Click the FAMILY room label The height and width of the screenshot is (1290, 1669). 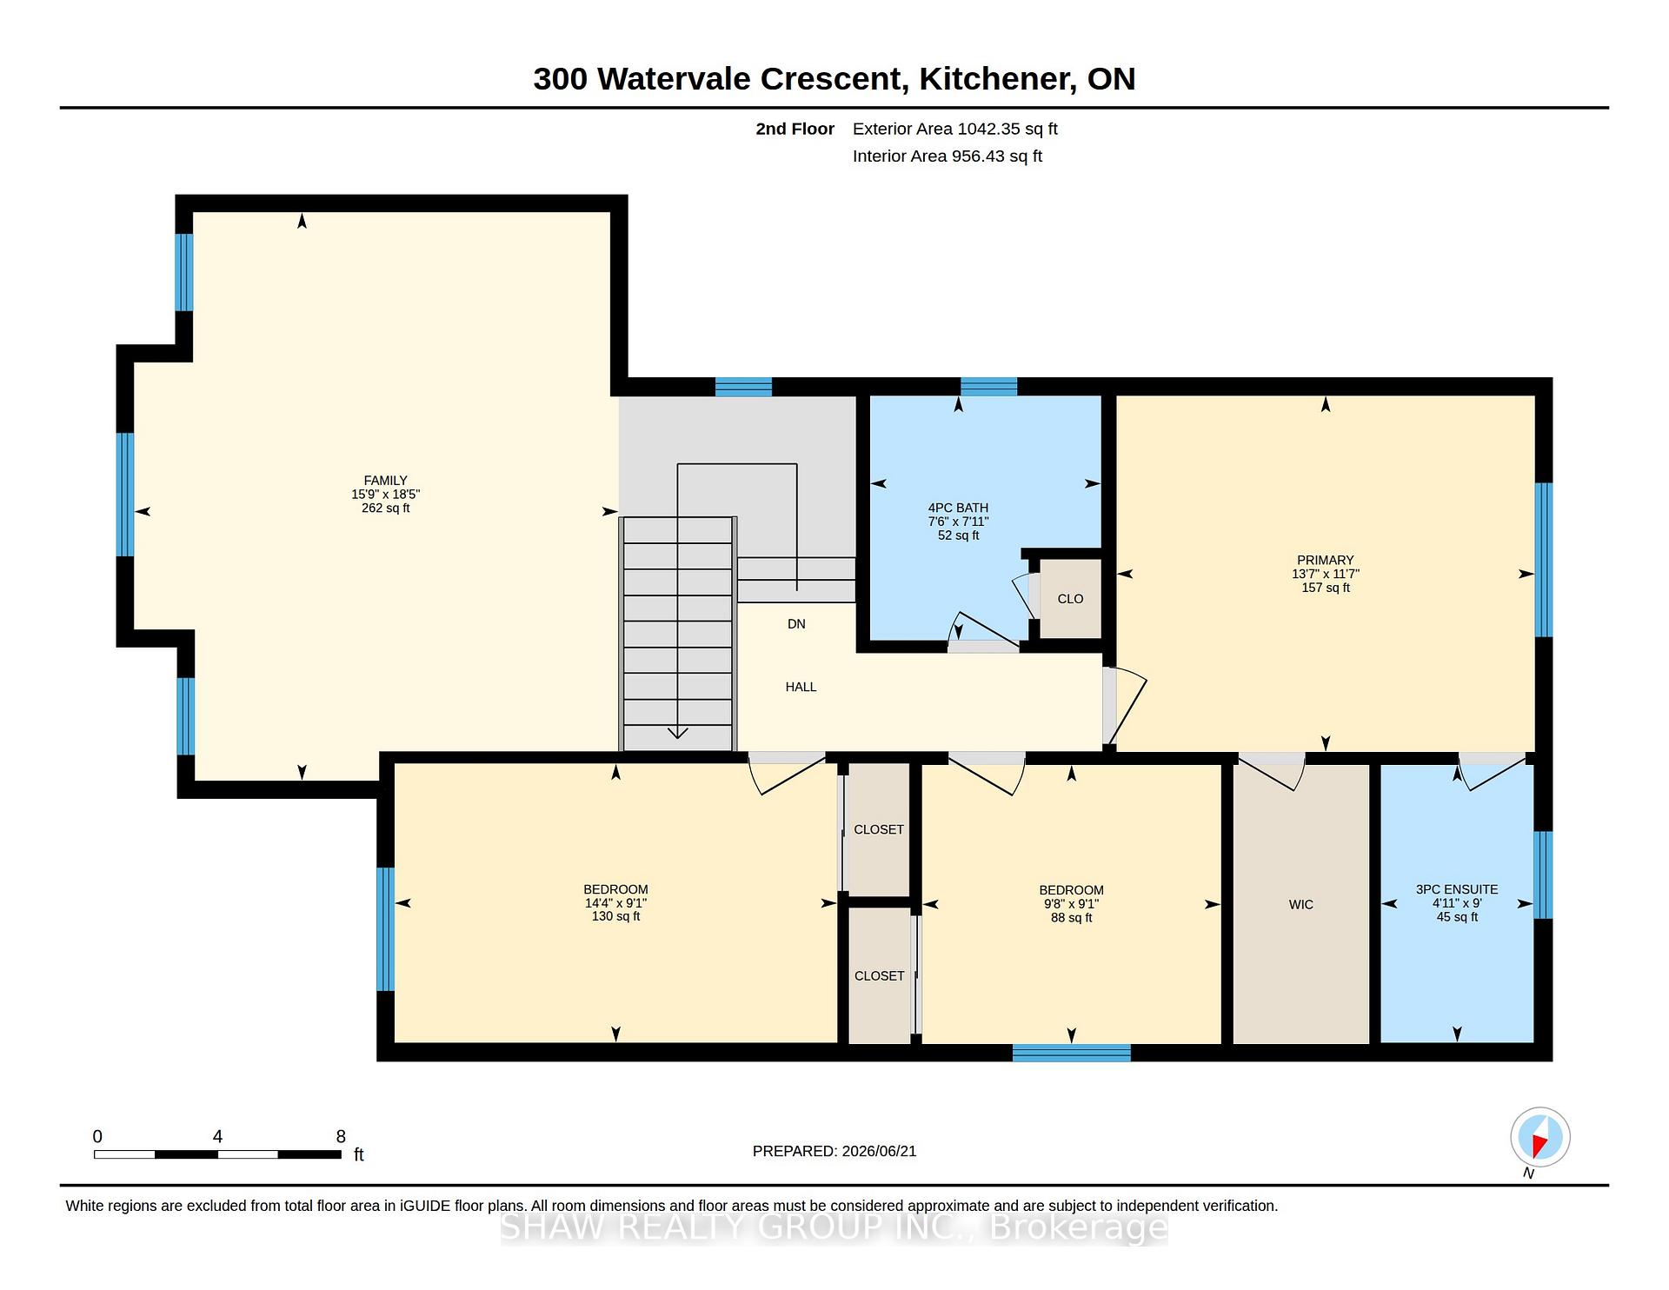[385, 481]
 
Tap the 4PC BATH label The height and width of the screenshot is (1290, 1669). [958, 509]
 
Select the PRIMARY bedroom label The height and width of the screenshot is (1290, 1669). [1326, 561]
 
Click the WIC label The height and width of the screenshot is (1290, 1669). [1301, 905]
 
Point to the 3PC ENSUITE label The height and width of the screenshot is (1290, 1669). [1457, 890]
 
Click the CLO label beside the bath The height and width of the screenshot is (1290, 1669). [1071, 599]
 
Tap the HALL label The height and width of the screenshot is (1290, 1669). [801, 687]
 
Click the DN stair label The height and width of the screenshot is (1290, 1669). [796, 624]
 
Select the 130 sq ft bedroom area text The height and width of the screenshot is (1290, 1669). [615, 917]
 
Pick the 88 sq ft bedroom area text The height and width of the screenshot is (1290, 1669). [1071, 918]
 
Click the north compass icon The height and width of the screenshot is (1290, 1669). [1539, 1137]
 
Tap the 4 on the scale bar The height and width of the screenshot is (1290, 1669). [217, 1136]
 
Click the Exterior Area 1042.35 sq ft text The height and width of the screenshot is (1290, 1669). [954, 130]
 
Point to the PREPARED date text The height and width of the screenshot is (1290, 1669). [834, 1151]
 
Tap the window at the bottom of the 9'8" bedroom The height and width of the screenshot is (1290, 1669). [1072, 1053]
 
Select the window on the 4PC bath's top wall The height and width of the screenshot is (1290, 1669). [988, 387]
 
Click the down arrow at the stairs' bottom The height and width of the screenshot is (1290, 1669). [678, 732]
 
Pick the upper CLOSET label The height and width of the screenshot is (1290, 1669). [879, 830]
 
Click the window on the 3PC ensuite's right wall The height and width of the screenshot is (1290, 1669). [1543, 875]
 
